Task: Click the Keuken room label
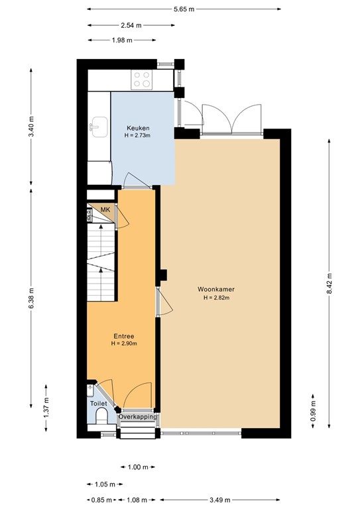(138, 128)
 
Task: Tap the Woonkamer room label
(215, 290)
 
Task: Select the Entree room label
(124, 336)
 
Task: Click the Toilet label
(98, 402)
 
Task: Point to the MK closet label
(105, 210)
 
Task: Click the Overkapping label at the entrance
(138, 417)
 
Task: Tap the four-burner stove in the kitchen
(142, 80)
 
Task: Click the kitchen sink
(100, 125)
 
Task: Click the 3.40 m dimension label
(30, 126)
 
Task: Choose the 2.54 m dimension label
(131, 25)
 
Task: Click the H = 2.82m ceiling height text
(215, 298)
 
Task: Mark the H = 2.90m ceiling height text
(124, 344)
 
